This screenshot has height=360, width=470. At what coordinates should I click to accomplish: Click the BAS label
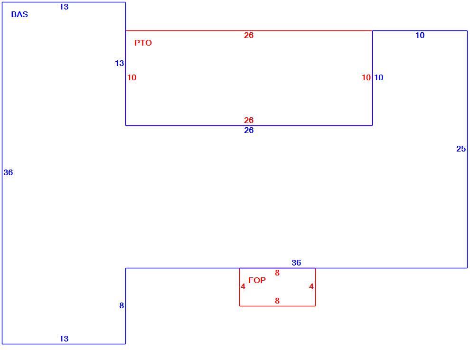[19, 14]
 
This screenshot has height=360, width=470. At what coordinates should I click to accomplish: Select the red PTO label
[143, 43]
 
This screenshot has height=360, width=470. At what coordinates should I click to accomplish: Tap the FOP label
[257, 280]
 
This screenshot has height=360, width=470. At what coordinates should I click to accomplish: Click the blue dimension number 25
[461, 149]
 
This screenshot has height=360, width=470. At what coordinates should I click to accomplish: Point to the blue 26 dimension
[249, 130]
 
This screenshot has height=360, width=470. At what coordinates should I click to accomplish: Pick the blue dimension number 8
[122, 305]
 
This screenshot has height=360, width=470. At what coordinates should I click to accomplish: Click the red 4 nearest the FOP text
[243, 286]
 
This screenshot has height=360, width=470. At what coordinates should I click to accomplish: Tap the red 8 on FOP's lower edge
[277, 301]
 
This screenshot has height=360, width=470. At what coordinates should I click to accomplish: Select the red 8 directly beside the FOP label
[277, 273]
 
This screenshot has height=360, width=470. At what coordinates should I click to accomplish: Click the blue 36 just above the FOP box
[296, 263]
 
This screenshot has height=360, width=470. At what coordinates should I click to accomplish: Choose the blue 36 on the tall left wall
[9, 172]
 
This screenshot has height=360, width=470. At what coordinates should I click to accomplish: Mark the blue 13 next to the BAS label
[64, 7]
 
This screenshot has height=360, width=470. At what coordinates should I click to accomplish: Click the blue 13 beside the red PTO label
[119, 63]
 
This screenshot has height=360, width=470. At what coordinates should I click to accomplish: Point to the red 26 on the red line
[249, 35]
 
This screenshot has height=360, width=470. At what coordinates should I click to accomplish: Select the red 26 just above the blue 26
[249, 120]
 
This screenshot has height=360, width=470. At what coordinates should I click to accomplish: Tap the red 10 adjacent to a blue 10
[367, 77]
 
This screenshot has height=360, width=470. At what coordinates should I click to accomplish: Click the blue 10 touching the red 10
[378, 77]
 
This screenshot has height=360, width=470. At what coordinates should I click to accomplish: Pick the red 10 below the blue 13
[132, 77]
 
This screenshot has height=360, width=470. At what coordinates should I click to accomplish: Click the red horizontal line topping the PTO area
[249, 30]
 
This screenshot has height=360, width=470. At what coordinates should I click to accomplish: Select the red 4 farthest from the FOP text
[311, 286]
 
